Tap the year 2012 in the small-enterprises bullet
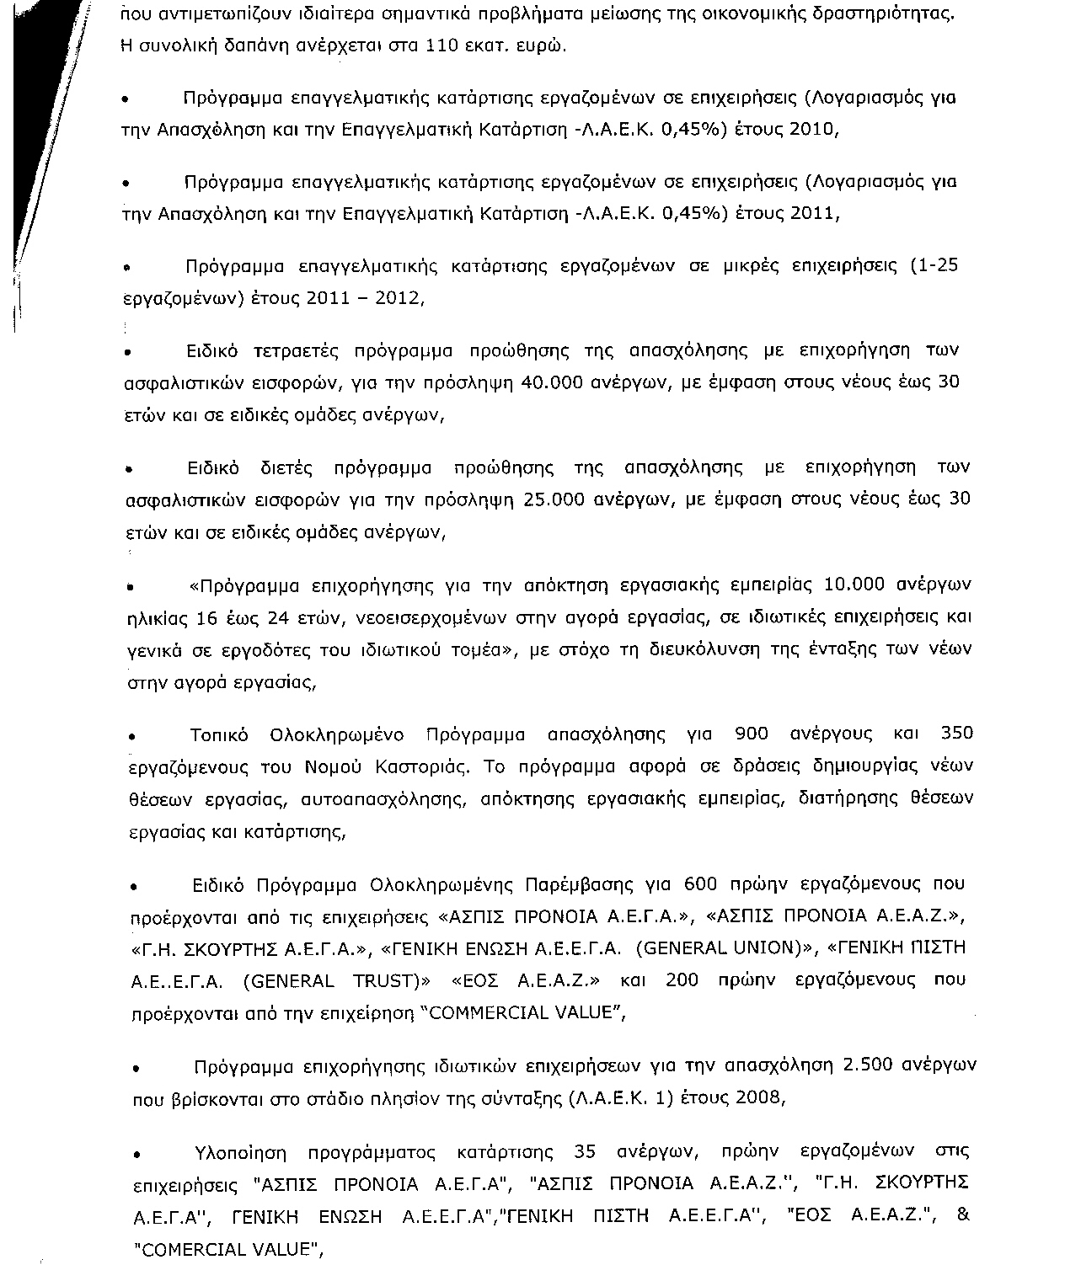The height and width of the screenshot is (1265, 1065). (x=399, y=298)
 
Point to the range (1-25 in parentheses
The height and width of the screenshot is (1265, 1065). (x=934, y=266)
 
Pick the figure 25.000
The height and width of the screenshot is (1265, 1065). (x=554, y=499)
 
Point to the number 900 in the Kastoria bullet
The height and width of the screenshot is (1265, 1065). (x=752, y=734)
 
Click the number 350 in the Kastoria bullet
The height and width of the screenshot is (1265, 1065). (x=956, y=734)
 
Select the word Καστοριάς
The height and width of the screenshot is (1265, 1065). (x=416, y=767)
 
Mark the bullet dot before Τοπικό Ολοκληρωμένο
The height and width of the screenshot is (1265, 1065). (x=132, y=737)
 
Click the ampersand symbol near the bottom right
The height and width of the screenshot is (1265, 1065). (x=965, y=1216)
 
